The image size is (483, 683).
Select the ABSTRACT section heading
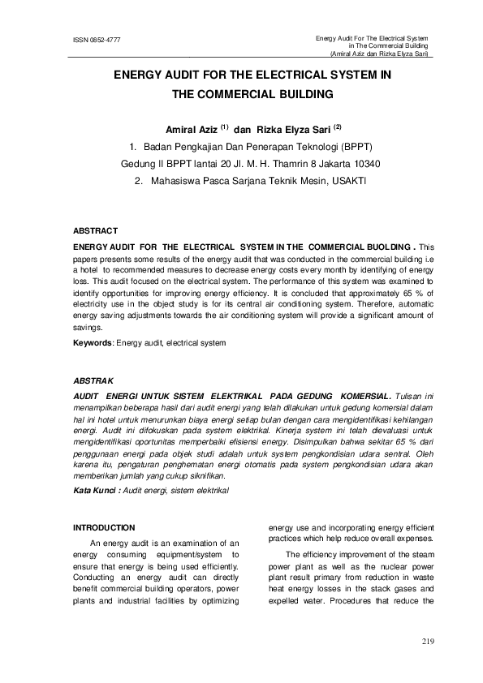click(x=96, y=231)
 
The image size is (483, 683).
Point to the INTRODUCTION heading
click(x=104, y=527)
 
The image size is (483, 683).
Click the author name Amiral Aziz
click(x=190, y=129)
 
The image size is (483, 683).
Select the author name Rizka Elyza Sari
click(x=291, y=129)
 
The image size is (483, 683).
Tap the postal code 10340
click(x=365, y=164)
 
